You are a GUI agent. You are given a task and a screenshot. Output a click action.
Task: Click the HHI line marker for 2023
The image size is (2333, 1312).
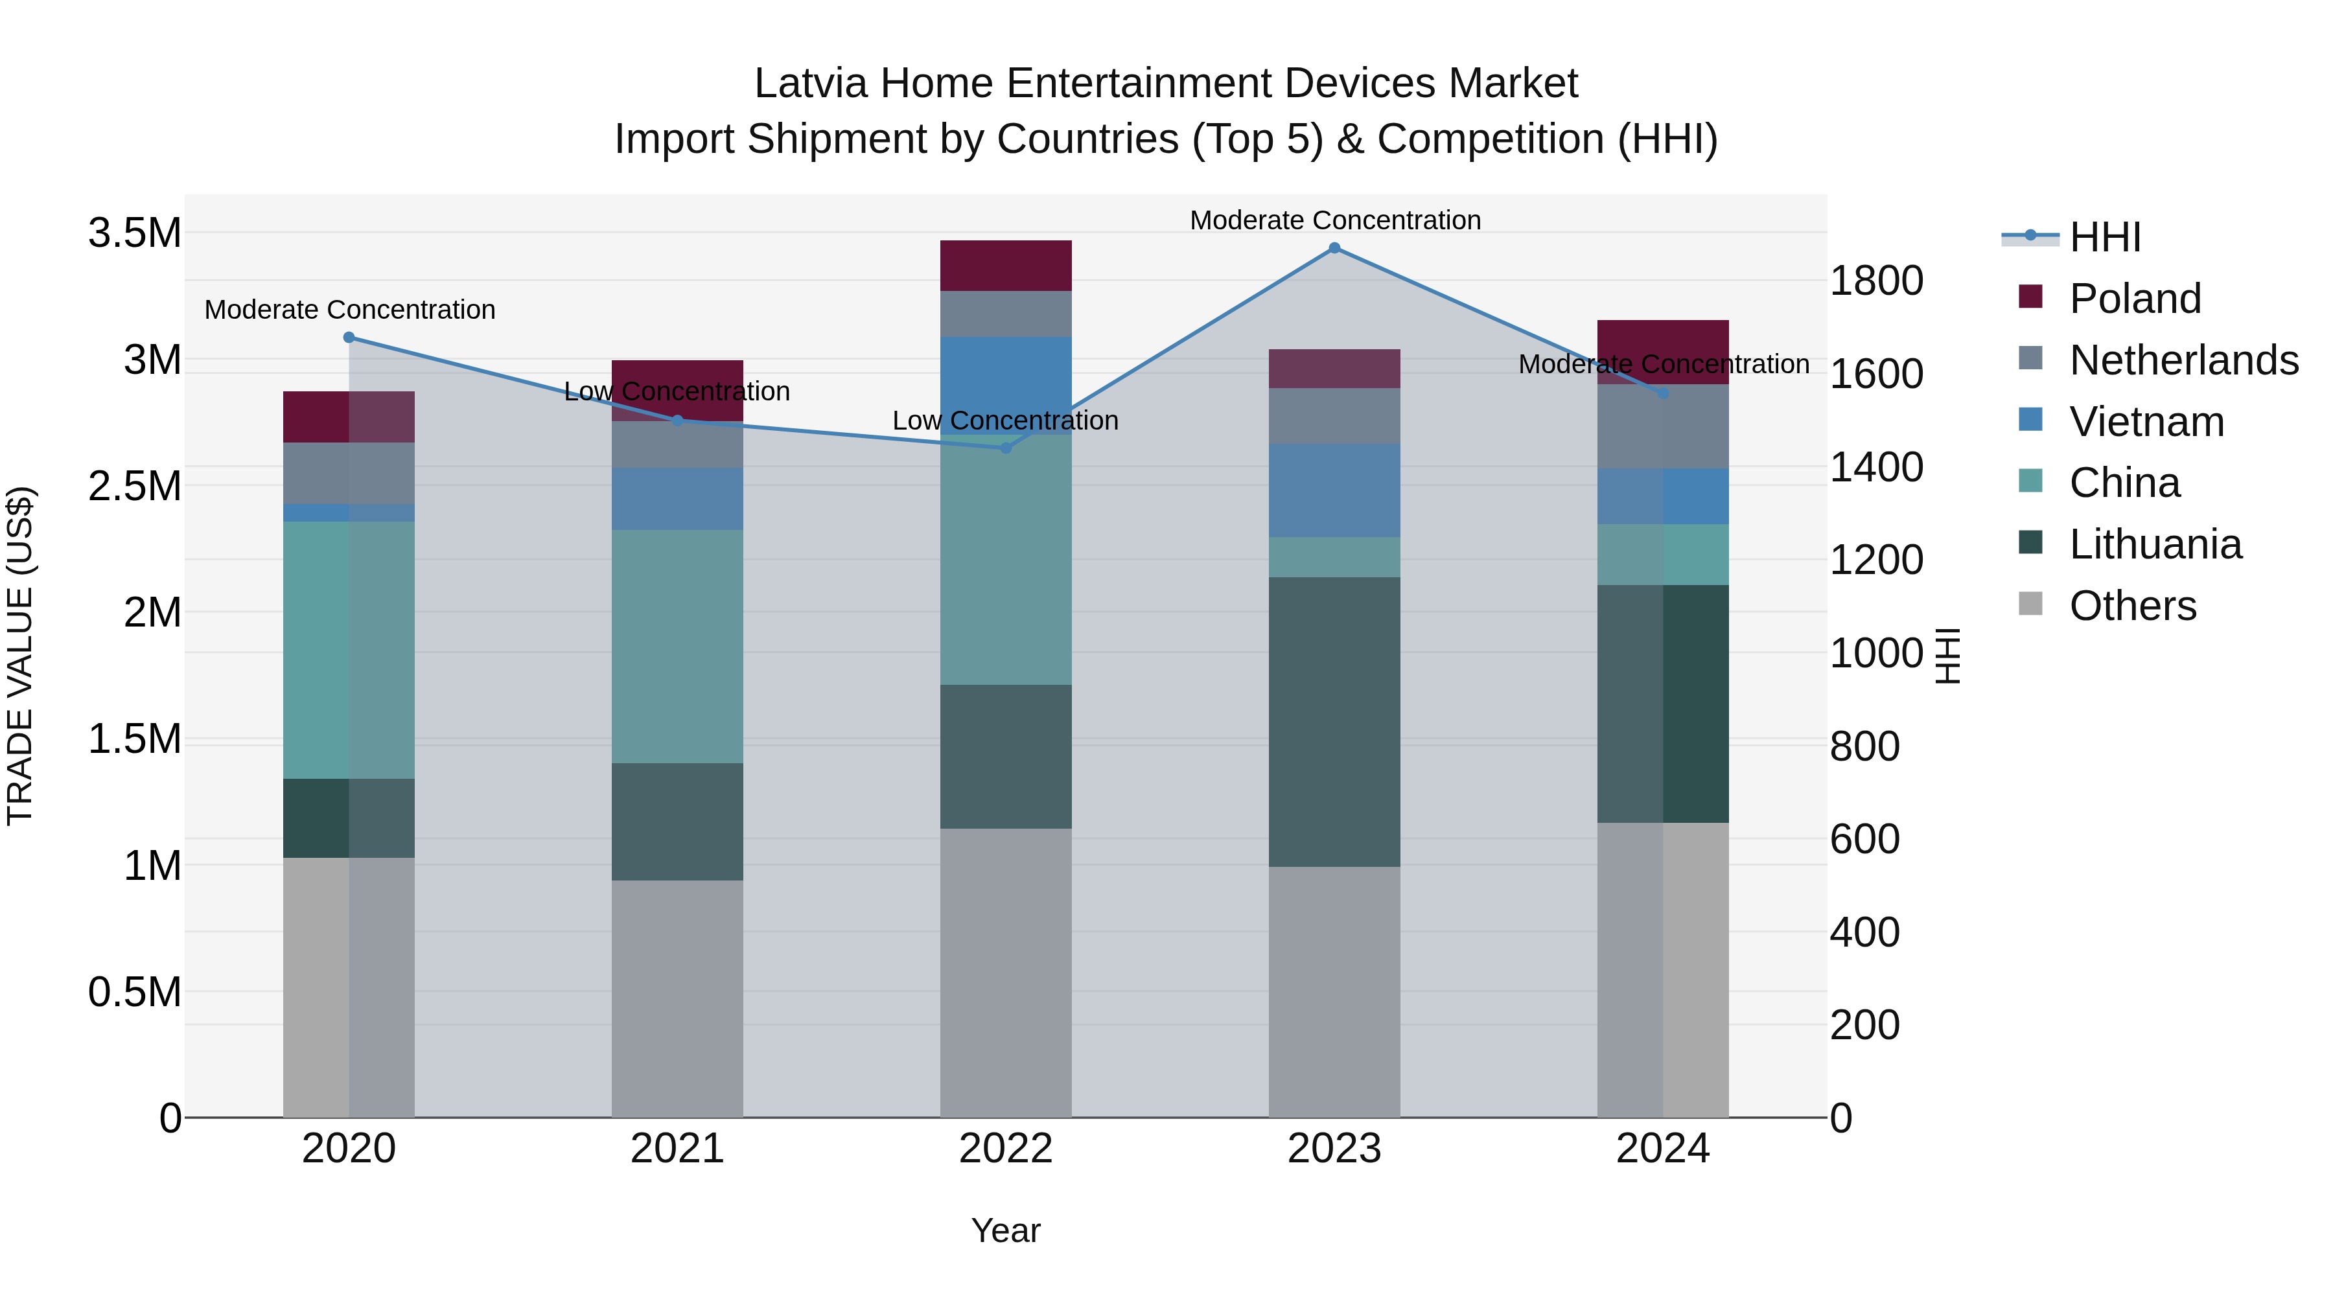[x=1334, y=248]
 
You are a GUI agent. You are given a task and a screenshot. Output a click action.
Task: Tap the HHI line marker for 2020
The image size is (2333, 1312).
[x=349, y=338]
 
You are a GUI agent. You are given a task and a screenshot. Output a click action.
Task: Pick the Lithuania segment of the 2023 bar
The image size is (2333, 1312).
[x=1334, y=722]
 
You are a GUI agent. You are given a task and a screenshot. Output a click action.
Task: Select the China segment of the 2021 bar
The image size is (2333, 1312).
[x=677, y=647]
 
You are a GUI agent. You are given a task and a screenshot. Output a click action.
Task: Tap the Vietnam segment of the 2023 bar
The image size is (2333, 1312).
[x=1334, y=490]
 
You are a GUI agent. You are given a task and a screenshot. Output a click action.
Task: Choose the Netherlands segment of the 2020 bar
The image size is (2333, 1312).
[x=349, y=473]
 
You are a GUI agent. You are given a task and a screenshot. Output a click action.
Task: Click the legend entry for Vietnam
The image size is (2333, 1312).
[x=2146, y=422]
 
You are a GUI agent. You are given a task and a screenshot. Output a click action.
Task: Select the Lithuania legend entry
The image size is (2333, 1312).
[x=2155, y=545]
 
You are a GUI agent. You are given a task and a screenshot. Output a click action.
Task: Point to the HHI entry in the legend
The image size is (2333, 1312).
[x=2104, y=237]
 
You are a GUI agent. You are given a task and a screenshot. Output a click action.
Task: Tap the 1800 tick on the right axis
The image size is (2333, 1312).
[x=1875, y=281]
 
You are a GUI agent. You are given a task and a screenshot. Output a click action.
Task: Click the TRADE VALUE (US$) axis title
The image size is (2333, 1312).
[x=20, y=656]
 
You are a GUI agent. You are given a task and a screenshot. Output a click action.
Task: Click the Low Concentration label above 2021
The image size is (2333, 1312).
[x=677, y=392]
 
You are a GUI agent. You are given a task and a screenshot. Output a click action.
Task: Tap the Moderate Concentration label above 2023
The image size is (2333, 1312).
[x=1335, y=221]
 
